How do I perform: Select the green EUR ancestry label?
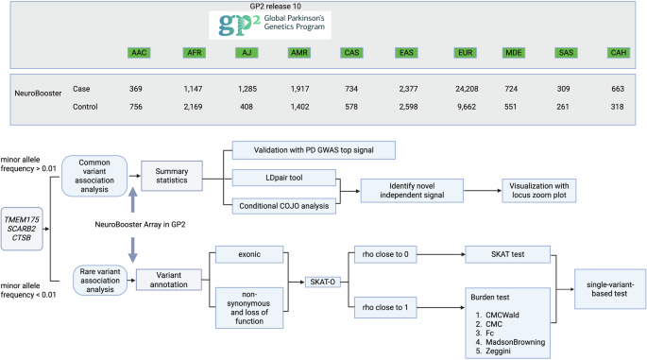[x=464, y=51]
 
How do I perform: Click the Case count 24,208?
[x=464, y=88]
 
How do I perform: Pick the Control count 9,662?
[x=464, y=107]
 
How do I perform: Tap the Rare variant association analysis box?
[x=95, y=281]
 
